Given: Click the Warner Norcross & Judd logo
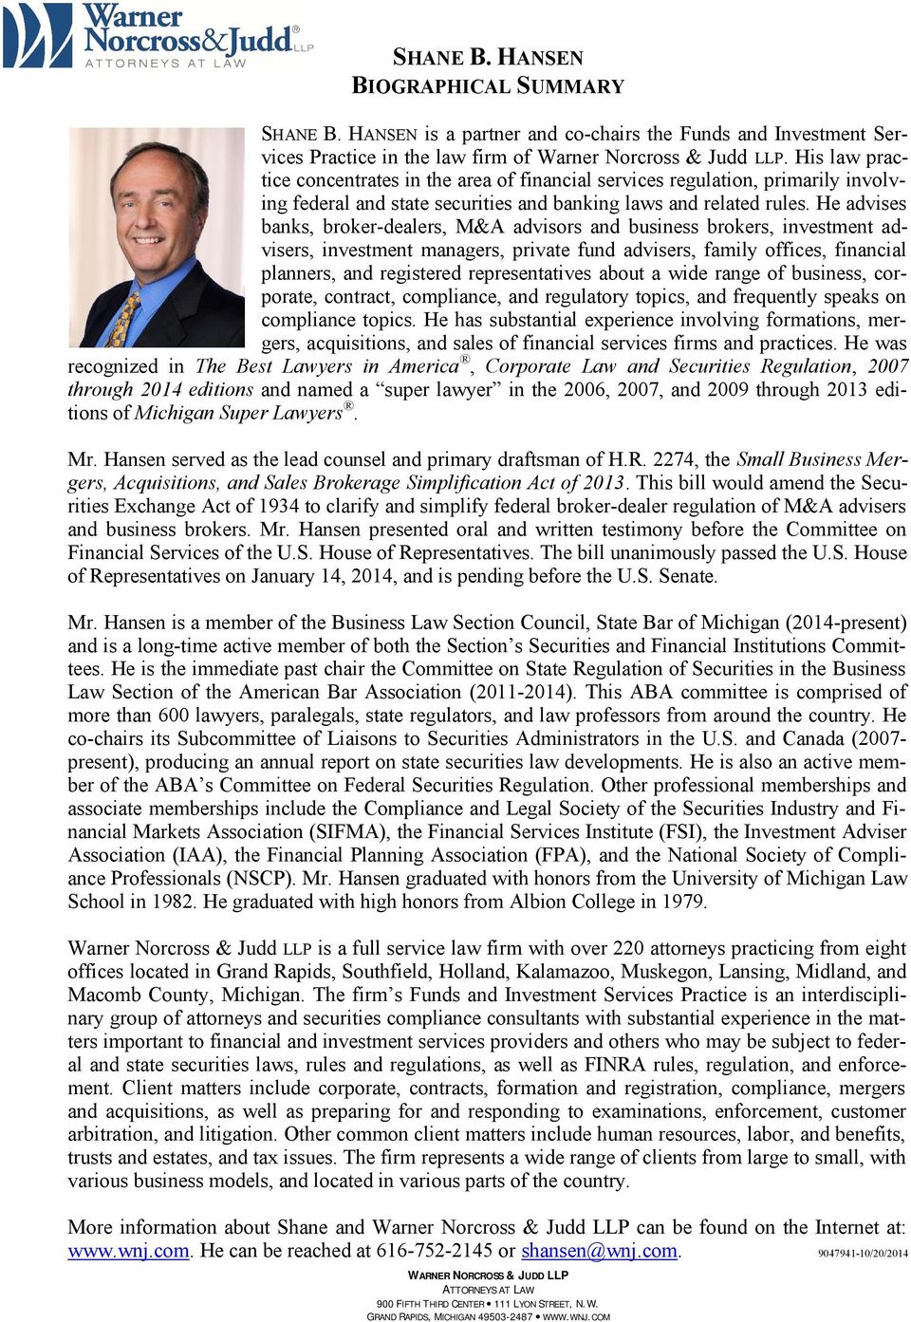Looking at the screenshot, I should click(x=157, y=35).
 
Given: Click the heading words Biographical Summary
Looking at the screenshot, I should click(x=488, y=85).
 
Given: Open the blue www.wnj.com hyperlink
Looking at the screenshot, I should click(x=128, y=1251).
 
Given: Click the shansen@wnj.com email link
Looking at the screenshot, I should click(x=599, y=1251).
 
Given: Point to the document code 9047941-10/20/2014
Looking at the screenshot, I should click(x=863, y=1253).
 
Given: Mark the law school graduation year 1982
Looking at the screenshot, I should click(x=172, y=902).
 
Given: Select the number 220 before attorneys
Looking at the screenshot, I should click(x=628, y=948).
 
